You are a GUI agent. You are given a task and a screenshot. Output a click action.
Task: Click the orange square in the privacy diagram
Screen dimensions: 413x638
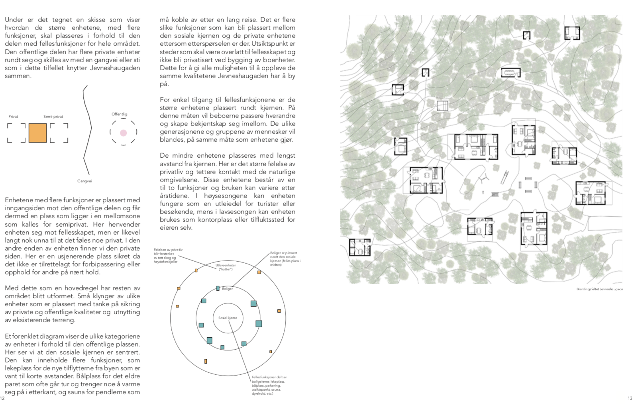tap(37, 133)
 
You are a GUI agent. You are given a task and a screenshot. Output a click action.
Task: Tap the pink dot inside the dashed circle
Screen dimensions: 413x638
tap(124, 133)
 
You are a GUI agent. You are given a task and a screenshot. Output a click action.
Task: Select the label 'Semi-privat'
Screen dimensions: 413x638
tap(53, 117)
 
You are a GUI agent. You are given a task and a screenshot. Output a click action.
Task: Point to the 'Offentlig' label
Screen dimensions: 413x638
tap(119, 114)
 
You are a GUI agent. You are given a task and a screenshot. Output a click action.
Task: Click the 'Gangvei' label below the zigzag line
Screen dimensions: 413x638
tap(84, 181)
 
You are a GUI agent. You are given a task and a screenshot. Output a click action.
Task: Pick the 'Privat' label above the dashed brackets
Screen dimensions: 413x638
tap(13, 117)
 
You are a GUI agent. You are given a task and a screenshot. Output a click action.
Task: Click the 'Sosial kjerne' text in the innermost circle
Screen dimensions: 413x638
tap(228, 318)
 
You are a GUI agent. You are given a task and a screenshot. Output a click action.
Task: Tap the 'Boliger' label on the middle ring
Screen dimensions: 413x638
tap(227, 289)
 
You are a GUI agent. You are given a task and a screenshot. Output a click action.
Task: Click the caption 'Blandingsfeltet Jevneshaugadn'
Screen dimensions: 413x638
tap(599, 289)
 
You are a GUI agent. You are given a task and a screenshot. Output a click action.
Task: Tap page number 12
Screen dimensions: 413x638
tap(2, 398)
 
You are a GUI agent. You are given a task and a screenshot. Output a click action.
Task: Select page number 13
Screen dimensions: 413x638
tap(630, 398)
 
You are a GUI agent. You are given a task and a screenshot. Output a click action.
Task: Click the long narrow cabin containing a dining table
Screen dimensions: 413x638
tap(510, 73)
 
